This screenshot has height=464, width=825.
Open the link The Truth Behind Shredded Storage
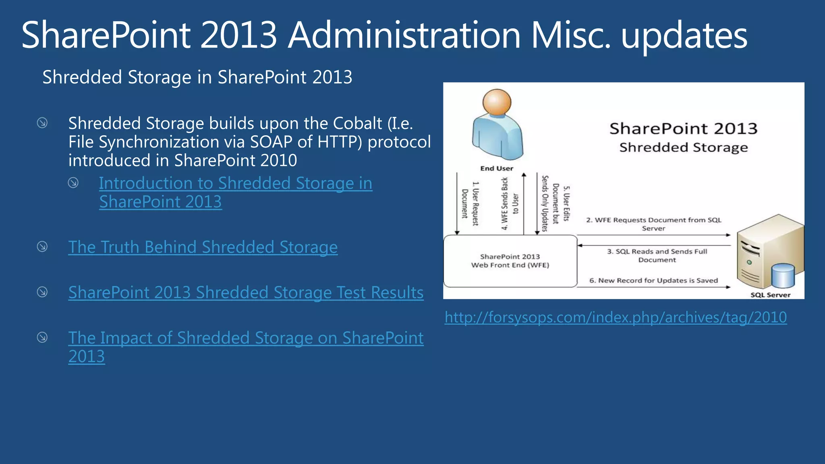click(203, 247)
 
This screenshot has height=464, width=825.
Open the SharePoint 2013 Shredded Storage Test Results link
click(246, 292)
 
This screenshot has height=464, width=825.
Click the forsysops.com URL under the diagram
click(616, 317)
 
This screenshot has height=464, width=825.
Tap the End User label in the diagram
click(497, 168)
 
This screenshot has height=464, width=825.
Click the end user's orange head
click(497, 102)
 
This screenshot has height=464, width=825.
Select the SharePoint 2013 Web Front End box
click(510, 261)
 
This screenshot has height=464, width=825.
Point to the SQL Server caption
click(770, 295)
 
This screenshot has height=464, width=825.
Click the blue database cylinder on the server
click(783, 276)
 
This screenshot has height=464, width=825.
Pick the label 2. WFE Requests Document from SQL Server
click(653, 224)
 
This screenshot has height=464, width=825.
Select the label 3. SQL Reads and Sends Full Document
click(657, 255)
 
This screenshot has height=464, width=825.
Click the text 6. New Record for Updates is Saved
click(653, 280)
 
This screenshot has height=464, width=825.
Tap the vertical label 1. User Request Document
click(470, 203)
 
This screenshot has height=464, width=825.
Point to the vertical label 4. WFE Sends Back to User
click(510, 204)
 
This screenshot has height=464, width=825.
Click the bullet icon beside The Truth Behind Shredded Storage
click(42, 246)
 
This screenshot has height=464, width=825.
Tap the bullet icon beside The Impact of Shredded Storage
click(42, 337)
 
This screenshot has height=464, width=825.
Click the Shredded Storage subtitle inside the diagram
click(683, 147)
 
